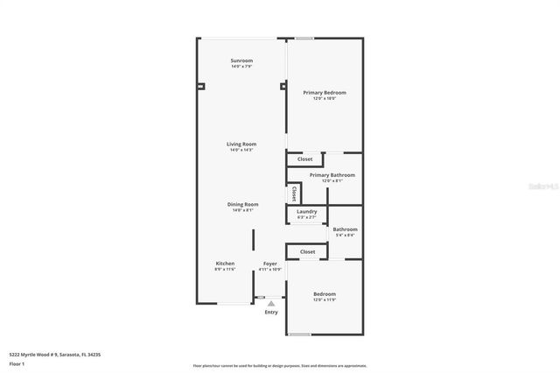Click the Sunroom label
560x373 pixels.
point(241,60)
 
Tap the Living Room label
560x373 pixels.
point(241,144)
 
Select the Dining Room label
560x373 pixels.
point(245,204)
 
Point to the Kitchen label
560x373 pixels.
point(225,263)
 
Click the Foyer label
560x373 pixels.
point(270,263)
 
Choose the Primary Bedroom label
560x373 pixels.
point(325,92)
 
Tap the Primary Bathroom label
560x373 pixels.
point(332,174)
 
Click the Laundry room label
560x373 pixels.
point(306,211)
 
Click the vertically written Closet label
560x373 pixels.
point(295,193)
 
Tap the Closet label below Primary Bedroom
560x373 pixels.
point(305,159)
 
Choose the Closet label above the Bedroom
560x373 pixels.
point(307,252)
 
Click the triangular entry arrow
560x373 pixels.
point(271,303)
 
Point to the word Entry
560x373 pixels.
point(271,313)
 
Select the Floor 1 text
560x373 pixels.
point(17,362)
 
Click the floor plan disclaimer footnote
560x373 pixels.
point(279,365)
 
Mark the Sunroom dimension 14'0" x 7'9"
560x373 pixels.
point(241,67)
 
